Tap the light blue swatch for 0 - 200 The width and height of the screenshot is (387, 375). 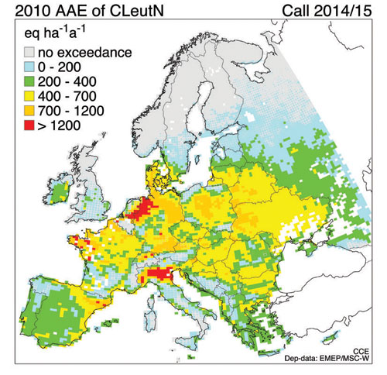click(x=27, y=69)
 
